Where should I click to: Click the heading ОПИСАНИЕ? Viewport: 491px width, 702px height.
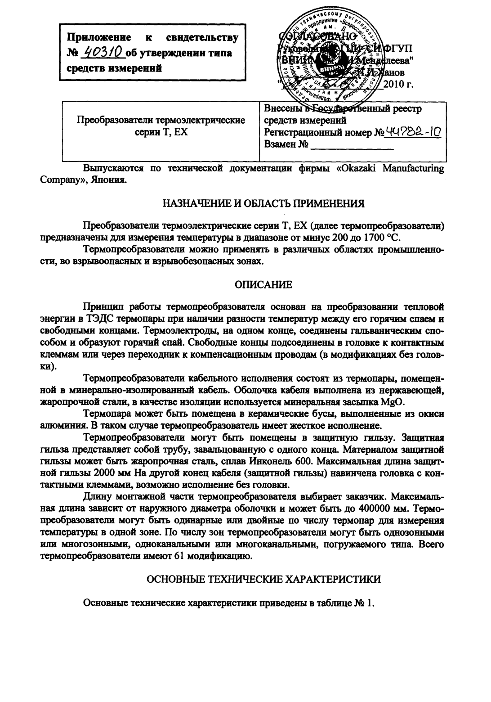[264, 284]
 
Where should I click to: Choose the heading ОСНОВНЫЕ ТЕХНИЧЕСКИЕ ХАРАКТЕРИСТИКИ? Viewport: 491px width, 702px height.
[264, 579]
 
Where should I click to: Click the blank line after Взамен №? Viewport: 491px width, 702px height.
[352, 145]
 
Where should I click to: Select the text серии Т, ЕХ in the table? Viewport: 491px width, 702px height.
[161, 132]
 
